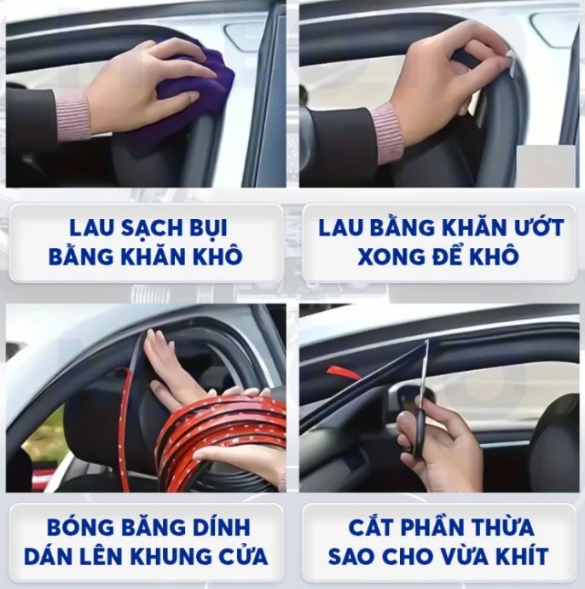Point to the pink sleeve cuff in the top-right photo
[x=388, y=132]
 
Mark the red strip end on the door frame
[x=344, y=372]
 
